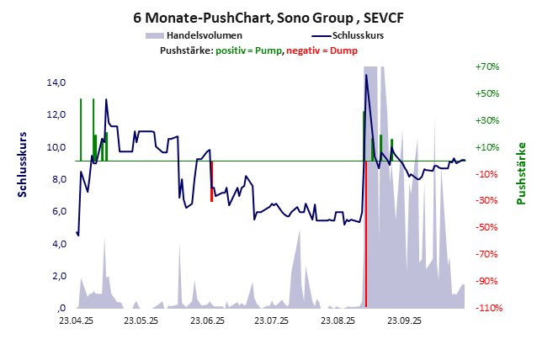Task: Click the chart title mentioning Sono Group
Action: [268, 17]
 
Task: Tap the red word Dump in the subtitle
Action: [344, 50]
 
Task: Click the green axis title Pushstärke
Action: [520, 172]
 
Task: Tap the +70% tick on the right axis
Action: [487, 66]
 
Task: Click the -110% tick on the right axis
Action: [487, 308]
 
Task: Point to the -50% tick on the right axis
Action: [487, 227]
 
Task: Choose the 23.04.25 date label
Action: [77, 320]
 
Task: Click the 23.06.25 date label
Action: [208, 320]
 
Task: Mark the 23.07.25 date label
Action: [272, 320]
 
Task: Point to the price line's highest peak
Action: [365, 76]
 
